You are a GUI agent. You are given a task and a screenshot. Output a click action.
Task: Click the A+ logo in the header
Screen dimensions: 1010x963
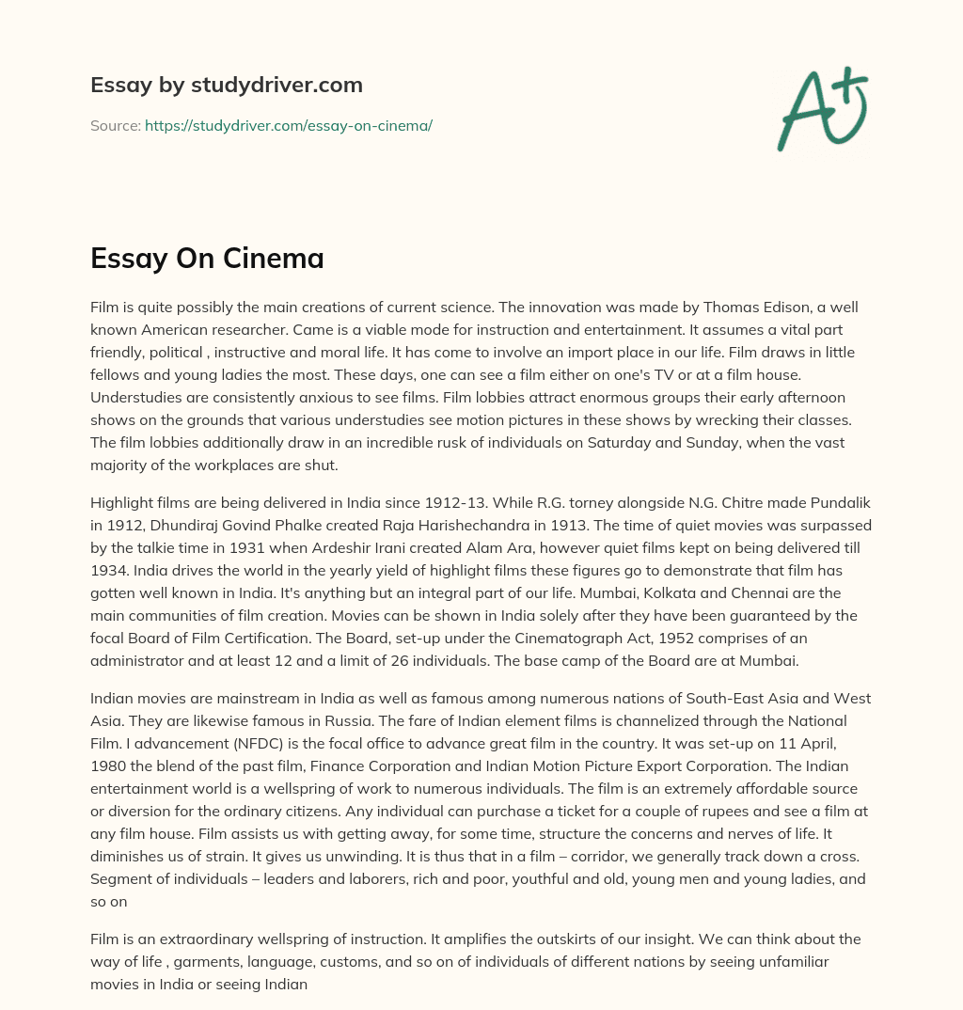(822, 108)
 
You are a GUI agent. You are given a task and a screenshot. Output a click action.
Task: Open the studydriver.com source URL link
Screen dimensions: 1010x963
(288, 125)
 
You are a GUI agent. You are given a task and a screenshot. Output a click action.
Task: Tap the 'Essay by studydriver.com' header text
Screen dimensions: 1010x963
(226, 85)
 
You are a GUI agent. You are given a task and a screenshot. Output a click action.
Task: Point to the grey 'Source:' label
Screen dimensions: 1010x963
(115, 125)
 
